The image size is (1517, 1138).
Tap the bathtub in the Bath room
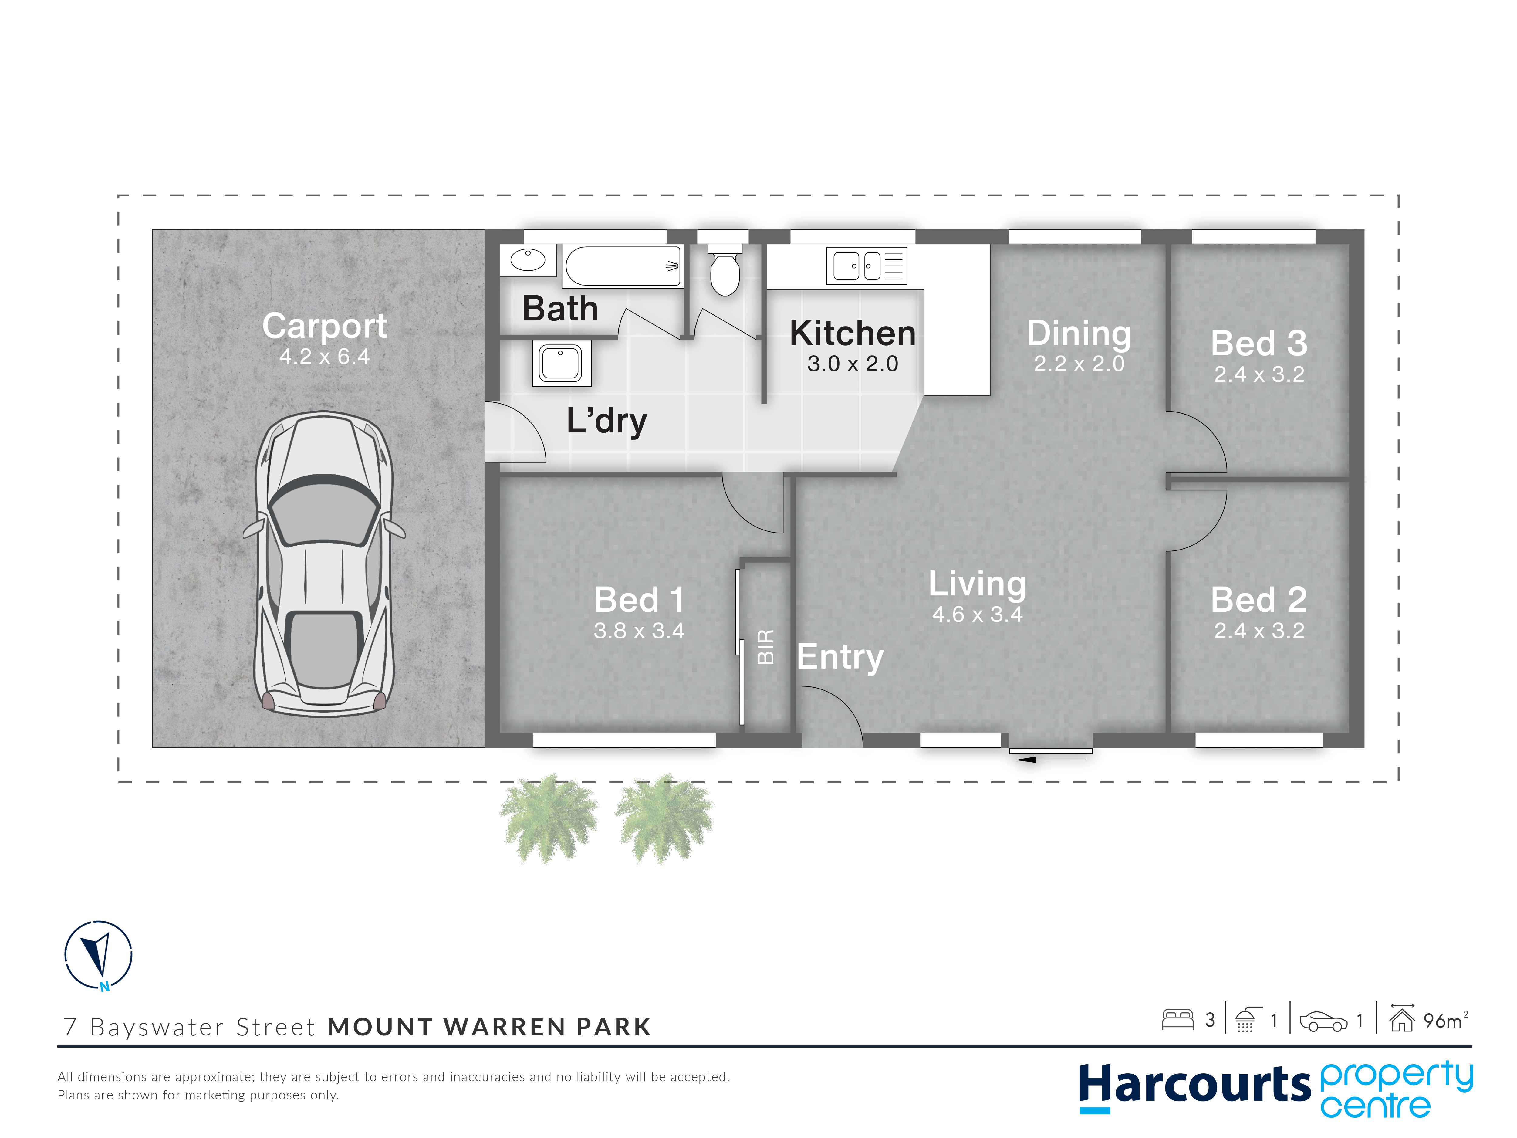[x=623, y=266]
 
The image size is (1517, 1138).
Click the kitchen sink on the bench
[x=866, y=266]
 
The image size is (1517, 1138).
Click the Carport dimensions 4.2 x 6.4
[x=324, y=357]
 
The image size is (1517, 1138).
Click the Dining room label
[x=1079, y=334]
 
